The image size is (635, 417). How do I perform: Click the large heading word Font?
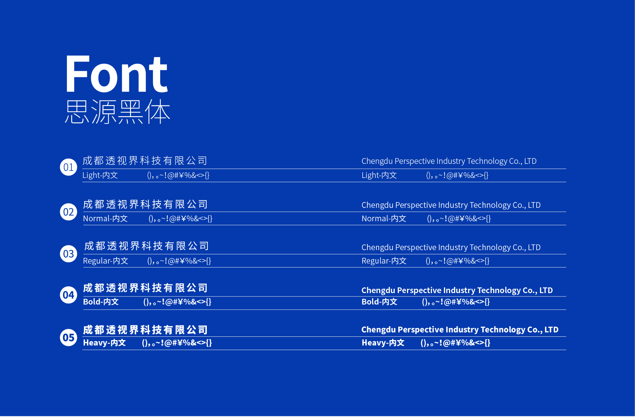117,74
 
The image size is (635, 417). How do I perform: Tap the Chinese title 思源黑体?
118,111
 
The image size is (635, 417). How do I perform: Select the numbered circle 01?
69,167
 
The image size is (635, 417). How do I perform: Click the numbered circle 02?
69,212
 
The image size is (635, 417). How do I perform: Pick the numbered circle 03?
69,254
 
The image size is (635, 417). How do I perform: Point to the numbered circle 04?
69,295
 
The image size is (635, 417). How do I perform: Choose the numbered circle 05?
69,337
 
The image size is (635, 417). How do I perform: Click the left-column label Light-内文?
100,175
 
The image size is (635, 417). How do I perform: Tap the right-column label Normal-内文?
384,219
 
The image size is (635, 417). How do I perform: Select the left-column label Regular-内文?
105,261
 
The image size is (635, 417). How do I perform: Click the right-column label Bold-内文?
379,302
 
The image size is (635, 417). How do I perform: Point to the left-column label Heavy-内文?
104,343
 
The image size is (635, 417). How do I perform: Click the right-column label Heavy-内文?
383,343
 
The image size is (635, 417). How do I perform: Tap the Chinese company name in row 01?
145,161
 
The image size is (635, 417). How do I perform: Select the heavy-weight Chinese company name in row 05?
145,330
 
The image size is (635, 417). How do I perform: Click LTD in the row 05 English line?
551,330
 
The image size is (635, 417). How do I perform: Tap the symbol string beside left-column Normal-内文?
180,219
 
